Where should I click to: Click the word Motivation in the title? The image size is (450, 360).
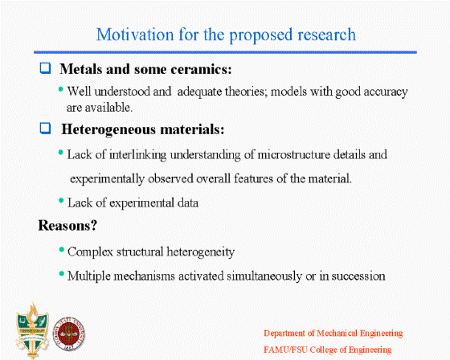pyautogui.click(x=135, y=35)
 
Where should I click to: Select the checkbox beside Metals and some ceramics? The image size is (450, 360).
pyautogui.click(x=45, y=68)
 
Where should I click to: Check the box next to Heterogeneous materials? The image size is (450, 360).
pyautogui.click(x=45, y=129)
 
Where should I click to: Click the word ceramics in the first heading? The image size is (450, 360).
pyautogui.click(x=201, y=69)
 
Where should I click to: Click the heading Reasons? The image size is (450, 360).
pyautogui.click(x=67, y=225)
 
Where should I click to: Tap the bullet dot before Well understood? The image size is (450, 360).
pyautogui.click(x=60, y=89)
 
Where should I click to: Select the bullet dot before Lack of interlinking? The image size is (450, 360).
pyautogui.click(x=60, y=152)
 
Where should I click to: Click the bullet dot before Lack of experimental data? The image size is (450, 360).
pyautogui.click(x=61, y=200)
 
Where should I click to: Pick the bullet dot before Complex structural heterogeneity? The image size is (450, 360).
pyautogui.click(x=61, y=249)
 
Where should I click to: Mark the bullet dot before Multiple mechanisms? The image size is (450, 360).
pyautogui.click(x=61, y=273)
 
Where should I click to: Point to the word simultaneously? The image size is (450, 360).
pyautogui.click(x=264, y=276)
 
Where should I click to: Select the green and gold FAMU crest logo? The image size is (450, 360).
pyautogui.click(x=32, y=330)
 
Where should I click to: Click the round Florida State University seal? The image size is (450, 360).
pyautogui.click(x=69, y=333)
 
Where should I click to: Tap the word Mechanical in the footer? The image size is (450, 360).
pyautogui.click(x=337, y=333)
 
